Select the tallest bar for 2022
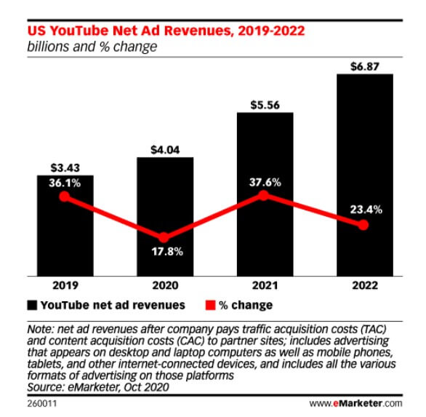(363, 175)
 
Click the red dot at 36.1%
(64, 197)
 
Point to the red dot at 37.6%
(264, 195)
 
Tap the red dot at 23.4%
(363, 226)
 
